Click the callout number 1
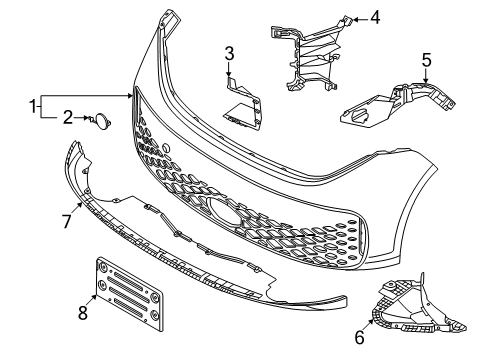click(x=33, y=107)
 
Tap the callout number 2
click(x=68, y=117)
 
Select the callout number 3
click(x=229, y=54)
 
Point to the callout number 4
click(x=375, y=18)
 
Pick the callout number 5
click(x=426, y=60)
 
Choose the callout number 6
click(x=359, y=337)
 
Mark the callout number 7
click(x=67, y=221)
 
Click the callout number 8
click(x=83, y=313)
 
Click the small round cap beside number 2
click(x=102, y=121)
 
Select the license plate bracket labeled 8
click(x=130, y=293)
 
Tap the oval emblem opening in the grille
click(x=224, y=212)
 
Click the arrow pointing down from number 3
click(x=229, y=70)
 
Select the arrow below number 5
click(x=426, y=76)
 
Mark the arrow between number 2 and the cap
click(x=82, y=117)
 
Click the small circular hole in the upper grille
click(x=166, y=148)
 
